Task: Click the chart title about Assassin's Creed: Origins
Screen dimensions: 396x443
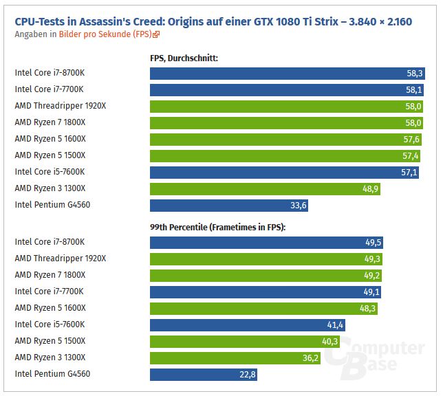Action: [x=213, y=21]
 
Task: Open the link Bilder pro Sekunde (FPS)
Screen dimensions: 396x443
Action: [x=115, y=34]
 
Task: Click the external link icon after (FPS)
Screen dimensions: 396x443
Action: [x=157, y=34]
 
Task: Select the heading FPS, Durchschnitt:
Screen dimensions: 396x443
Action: [x=184, y=58]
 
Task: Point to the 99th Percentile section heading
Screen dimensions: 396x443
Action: [x=217, y=227]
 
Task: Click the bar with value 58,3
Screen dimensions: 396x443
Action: [x=288, y=73]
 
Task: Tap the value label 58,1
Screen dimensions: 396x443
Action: [x=414, y=89]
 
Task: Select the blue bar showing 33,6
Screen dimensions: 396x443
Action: [x=230, y=205]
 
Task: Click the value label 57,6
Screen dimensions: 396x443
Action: [x=411, y=139]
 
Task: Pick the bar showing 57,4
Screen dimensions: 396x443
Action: [x=285, y=155]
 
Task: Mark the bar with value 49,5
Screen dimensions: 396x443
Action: [x=267, y=242]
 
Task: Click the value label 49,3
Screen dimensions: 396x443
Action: [x=373, y=258]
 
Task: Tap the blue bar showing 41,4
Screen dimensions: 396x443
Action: [x=248, y=324]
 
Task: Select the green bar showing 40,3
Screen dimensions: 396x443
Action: [x=245, y=341]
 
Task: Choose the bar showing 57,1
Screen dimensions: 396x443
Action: [x=285, y=172]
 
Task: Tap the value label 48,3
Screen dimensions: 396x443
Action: [x=368, y=308]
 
